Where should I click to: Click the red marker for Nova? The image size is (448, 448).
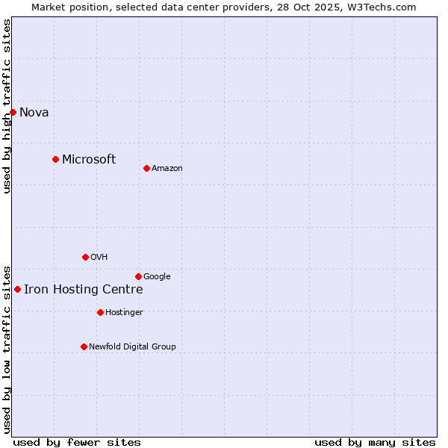tap(13, 112)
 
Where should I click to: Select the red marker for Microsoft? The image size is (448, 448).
tap(55, 159)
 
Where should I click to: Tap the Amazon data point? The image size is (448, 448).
tap(146, 168)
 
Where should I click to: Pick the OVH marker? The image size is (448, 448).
tap(85, 257)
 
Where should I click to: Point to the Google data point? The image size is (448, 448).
tap(138, 276)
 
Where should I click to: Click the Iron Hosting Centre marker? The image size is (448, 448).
tap(17, 289)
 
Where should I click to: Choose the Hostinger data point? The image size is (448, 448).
tap(100, 312)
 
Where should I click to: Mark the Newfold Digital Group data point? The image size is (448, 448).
tap(84, 346)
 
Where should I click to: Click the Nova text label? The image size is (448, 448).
tap(34, 113)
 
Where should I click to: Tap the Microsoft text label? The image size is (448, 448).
tap(89, 159)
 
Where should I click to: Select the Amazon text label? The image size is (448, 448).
tap(167, 169)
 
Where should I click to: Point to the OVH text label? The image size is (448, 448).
tap(99, 258)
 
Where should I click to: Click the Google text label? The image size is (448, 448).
tap(157, 277)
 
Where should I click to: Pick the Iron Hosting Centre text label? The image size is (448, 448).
tap(83, 290)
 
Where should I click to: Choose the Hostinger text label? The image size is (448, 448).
tap(124, 313)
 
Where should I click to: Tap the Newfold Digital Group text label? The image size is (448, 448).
tap(132, 347)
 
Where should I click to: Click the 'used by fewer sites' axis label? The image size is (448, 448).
tap(77, 442)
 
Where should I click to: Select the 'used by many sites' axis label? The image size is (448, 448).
tap(375, 442)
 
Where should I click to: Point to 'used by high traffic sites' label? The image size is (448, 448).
tap(7, 106)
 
